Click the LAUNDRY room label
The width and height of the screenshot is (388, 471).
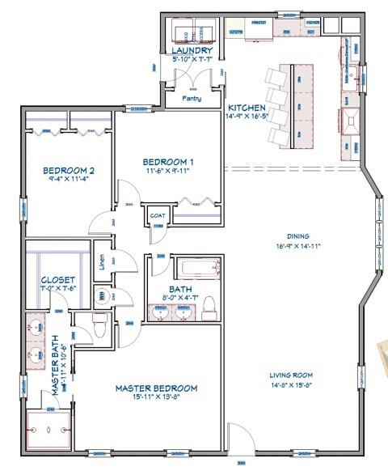point(192,51)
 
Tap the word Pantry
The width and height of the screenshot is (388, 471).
point(192,98)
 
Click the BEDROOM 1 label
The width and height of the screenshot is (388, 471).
point(168,160)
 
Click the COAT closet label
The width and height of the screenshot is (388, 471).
point(158,215)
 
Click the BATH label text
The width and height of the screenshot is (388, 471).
point(180,289)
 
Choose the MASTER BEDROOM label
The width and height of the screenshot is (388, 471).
point(156,388)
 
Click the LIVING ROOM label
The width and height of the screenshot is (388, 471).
point(291,376)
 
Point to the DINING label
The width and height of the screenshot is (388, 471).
point(297,235)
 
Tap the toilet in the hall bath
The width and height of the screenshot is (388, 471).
point(209,307)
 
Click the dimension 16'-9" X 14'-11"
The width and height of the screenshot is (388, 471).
point(297,245)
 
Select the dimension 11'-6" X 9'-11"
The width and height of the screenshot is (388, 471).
point(168,171)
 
